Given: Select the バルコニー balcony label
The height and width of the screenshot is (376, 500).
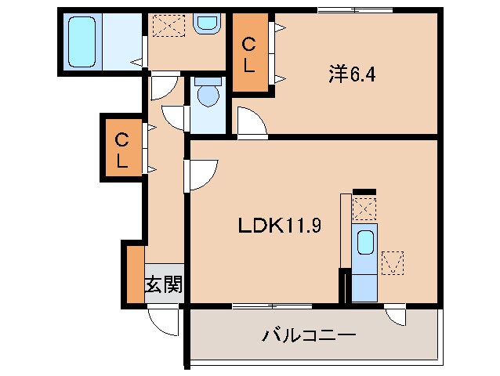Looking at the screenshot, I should (x=309, y=335).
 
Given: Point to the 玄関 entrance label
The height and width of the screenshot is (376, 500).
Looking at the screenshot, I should (x=163, y=284).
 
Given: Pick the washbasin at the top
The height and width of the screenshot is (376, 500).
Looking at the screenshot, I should (x=206, y=23).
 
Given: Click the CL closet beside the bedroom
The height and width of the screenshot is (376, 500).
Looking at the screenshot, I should (x=248, y=56).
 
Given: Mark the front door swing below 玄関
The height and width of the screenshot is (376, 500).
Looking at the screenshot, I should (x=164, y=320).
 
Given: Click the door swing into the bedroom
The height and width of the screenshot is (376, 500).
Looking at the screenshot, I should (x=251, y=124).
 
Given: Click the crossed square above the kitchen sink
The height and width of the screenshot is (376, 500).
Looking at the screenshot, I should (x=364, y=208).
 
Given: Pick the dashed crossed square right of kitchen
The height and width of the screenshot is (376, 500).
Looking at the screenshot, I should (x=392, y=262).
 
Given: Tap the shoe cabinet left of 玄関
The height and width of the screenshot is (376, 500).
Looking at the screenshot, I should (x=134, y=274).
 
